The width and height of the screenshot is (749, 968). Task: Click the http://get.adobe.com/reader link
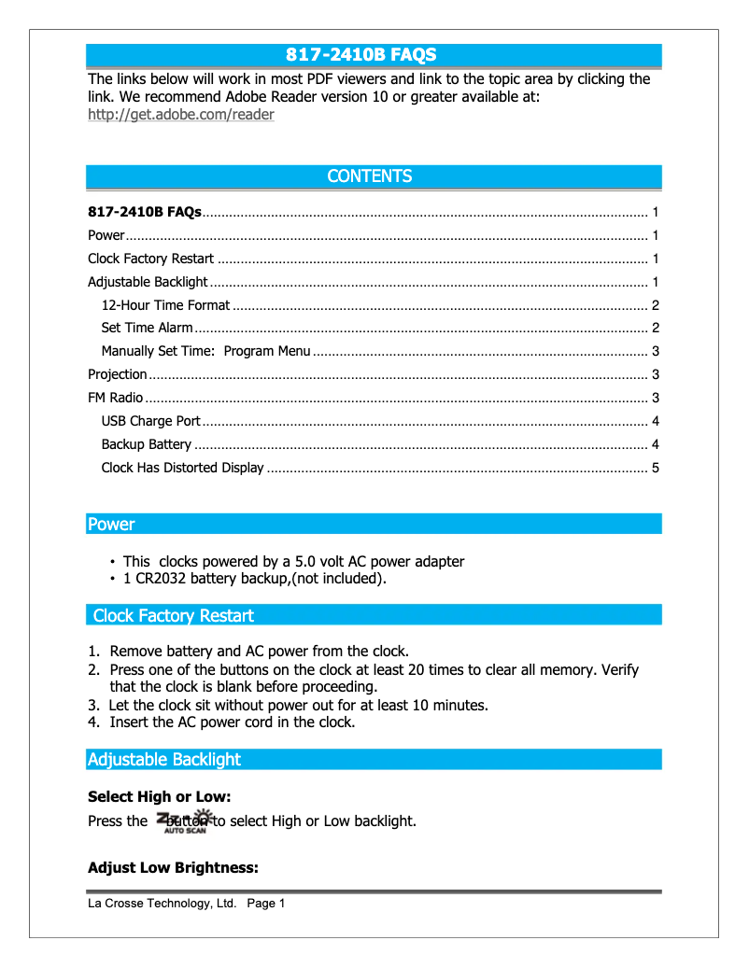click(180, 115)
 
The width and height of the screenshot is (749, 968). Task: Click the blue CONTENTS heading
click(369, 176)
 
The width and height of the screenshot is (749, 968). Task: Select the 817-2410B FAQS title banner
click(360, 55)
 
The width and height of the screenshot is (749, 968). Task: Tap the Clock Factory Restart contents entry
click(150, 259)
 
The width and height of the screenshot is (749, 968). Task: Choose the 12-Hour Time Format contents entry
click(165, 305)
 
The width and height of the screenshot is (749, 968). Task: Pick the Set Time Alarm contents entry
click(147, 328)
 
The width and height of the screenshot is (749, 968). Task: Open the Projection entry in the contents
click(117, 374)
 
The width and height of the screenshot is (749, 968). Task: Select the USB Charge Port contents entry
click(150, 421)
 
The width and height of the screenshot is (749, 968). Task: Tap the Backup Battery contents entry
click(146, 444)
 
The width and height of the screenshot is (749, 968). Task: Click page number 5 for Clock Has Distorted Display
click(656, 468)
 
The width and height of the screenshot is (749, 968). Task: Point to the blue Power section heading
click(111, 525)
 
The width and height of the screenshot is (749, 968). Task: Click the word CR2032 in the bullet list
click(154, 579)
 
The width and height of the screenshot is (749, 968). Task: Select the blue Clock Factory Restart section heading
click(173, 616)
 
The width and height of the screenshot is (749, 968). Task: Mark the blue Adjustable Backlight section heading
click(163, 760)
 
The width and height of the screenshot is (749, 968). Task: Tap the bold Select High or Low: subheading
click(159, 797)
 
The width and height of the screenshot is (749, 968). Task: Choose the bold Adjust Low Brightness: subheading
click(173, 868)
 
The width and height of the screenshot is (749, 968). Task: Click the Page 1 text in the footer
click(266, 904)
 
